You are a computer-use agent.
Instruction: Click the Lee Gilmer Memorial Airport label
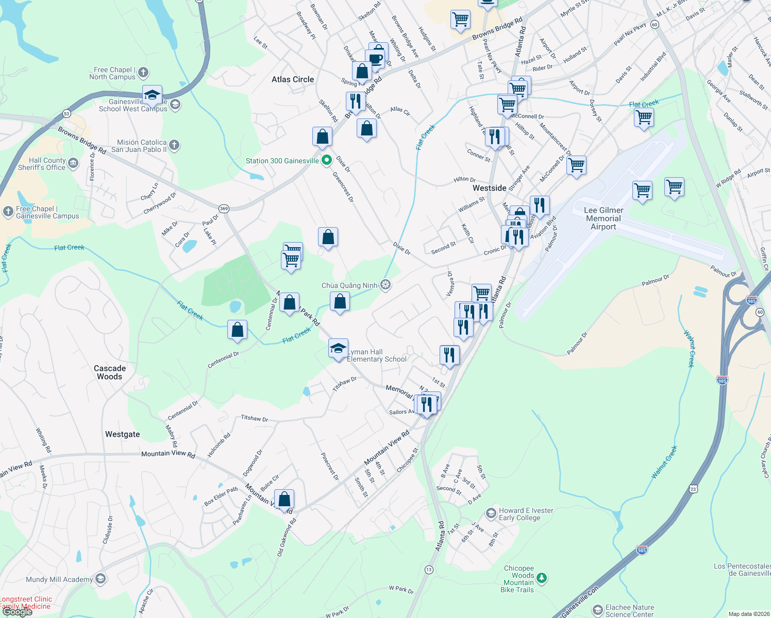point(604,218)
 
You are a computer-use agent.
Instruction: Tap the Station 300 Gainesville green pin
point(326,161)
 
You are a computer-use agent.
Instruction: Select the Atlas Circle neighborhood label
point(293,79)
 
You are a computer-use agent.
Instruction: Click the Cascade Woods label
point(110,372)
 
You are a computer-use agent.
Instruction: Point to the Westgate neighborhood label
point(123,434)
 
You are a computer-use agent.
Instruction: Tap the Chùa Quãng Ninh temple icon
point(385,285)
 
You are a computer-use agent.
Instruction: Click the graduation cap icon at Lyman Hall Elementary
point(338,349)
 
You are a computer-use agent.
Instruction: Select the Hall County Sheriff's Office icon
point(73,164)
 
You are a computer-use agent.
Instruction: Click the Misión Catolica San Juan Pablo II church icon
point(174,145)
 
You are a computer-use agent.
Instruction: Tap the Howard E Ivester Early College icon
point(491,513)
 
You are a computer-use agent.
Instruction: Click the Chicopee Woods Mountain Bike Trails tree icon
point(541,578)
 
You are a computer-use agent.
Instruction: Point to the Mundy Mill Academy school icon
point(100,579)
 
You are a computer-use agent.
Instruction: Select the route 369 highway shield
point(224,209)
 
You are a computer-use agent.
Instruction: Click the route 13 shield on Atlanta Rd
point(429,570)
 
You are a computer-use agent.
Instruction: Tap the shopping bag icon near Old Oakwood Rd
point(284,499)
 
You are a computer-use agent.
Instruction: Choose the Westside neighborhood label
point(490,188)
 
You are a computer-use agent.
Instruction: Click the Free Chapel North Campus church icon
point(143,73)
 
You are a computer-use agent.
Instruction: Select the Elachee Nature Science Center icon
point(597,610)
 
